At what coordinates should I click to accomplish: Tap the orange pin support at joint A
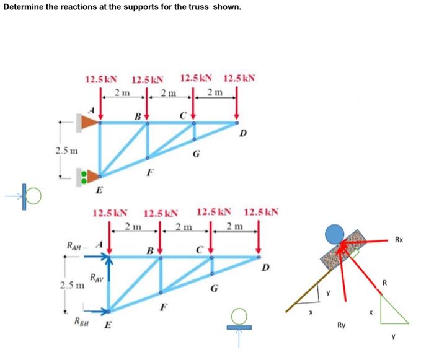click(x=86, y=123)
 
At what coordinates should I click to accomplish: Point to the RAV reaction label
click(x=96, y=279)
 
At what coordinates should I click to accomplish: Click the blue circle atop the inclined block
click(x=335, y=234)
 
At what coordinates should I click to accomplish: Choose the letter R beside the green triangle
click(x=384, y=283)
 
